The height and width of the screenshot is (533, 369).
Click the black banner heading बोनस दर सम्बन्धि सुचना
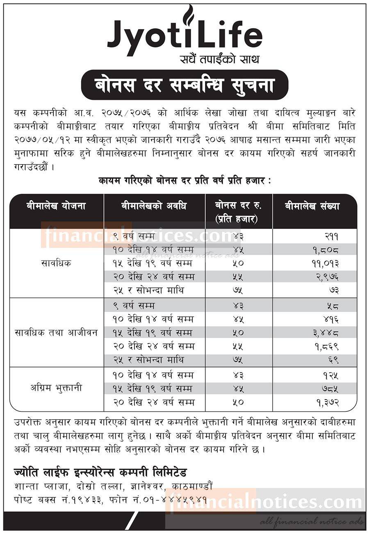click(x=184, y=85)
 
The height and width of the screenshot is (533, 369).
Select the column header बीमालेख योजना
click(x=56, y=206)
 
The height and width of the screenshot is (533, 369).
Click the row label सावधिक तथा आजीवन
click(x=56, y=332)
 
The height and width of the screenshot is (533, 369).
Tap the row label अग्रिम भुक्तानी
click(x=56, y=388)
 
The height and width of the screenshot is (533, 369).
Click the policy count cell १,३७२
click(x=326, y=402)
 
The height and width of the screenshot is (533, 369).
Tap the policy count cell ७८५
click(x=329, y=388)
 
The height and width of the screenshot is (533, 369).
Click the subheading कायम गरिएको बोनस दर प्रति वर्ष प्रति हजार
click(x=184, y=180)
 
